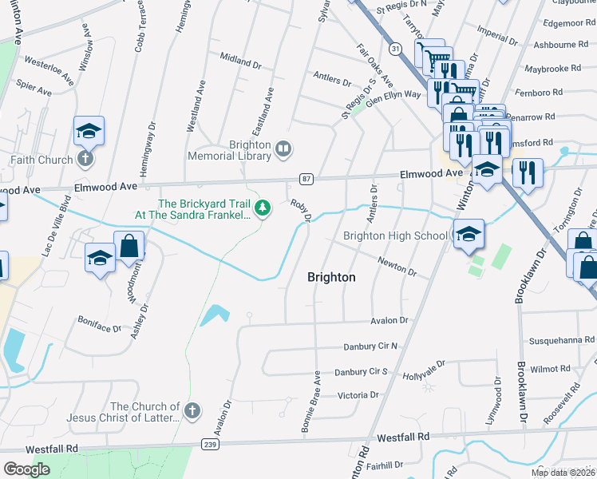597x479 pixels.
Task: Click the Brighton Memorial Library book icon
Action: coord(283,148)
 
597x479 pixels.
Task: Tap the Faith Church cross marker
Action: coord(86,159)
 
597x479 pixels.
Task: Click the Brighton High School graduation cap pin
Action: coord(469,232)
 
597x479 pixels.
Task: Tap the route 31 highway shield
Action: coord(395,49)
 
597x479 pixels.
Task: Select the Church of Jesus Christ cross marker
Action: coord(191,411)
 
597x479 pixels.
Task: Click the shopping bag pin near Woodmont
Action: coord(128,247)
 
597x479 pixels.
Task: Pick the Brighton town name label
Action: coord(331,277)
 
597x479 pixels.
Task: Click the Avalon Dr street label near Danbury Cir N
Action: coord(389,320)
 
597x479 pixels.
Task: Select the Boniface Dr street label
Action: coord(99,328)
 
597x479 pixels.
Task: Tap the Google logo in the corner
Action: coord(26,469)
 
